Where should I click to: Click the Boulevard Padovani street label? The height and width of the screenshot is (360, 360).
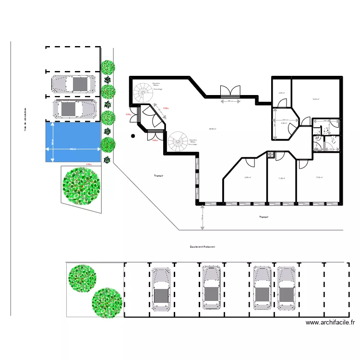[202, 247]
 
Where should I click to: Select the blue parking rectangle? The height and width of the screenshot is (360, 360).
[73, 142]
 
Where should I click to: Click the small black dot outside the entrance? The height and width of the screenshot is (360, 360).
[133, 136]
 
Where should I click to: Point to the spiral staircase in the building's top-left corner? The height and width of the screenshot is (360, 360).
[142, 92]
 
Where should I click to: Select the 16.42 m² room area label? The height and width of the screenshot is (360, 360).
[316, 99]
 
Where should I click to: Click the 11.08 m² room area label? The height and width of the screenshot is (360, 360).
[281, 179]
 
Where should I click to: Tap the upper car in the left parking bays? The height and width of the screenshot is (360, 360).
[73, 84]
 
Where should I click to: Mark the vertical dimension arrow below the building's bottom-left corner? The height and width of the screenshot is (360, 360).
[202, 217]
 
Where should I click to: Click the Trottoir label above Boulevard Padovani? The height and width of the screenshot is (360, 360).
[264, 217]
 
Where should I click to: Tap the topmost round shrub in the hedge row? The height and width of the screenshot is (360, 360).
[108, 67]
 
